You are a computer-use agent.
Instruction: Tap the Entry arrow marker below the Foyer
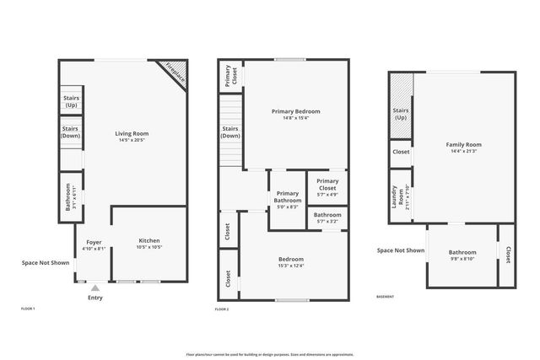pyautogui.click(x=94, y=288)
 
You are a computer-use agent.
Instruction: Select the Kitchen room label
pyautogui.click(x=148, y=242)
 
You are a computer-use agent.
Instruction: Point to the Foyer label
pyautogui.click(x=94, y=242)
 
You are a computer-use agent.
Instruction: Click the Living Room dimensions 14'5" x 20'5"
pyautogui.click(x=132, y=139)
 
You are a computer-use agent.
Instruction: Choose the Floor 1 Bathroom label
pyautogui.click(x=67, y=197)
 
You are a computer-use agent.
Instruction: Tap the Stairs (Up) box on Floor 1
pyautogui.click(x=71, y=101)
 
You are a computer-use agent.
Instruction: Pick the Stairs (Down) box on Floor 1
pyautogui.click(x=71, y=132)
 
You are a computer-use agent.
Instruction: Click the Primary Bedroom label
pyautogui.click(x=295, y=111)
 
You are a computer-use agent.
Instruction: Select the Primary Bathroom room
pyautogui.click(x=287, y=199)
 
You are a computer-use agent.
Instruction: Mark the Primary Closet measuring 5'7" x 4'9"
pyautogui.click(x=327, y=188)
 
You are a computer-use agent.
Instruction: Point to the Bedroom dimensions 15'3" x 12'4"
pyautogui.click(x=291, y=266)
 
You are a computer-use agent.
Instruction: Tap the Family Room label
pyautogui.click(x=463, y=145)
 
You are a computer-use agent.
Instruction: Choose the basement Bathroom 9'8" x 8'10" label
pyautogui.click(x=462, y=252)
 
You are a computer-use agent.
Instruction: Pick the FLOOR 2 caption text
pyautogui.click(x=222, y=310)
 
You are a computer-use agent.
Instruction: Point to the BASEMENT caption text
pyautogui.click(x=385, y=297)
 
